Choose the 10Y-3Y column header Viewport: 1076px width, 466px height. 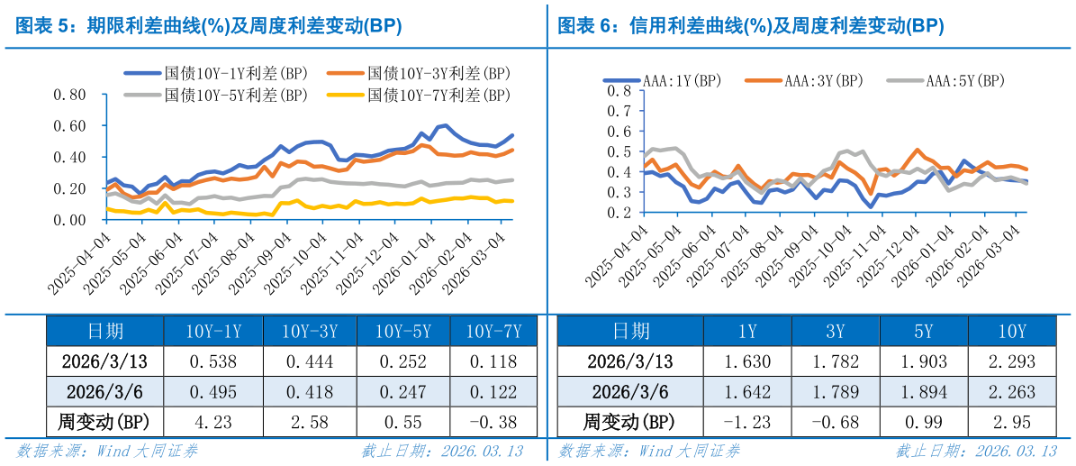309,332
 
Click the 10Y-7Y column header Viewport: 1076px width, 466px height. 493,332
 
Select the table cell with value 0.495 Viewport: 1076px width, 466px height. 212,392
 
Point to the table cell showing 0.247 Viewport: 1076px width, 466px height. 402,392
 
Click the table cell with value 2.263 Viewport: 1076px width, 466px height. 1011,392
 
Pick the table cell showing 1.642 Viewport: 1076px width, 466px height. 746,392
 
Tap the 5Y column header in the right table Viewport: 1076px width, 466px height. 923,332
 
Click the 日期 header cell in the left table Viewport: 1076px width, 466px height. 105,332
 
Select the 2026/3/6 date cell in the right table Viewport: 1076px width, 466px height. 630,392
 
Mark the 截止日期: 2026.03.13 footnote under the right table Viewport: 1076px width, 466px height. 975,451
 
